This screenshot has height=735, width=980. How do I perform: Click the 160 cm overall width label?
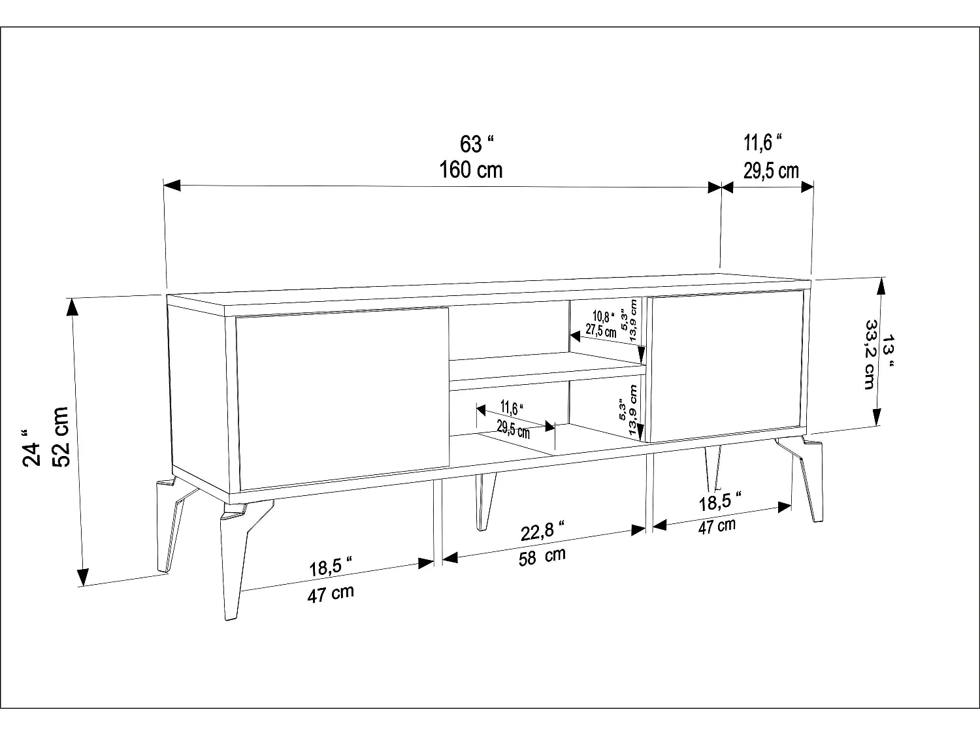(x=471, y=170)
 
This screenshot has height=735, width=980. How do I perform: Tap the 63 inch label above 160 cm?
(x=476, y=143)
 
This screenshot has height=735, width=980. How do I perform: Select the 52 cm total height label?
(x=60, y=436)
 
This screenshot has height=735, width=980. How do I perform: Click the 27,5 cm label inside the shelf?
(x=600, y=330)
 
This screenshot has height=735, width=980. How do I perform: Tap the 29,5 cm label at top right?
(x=771, y=171)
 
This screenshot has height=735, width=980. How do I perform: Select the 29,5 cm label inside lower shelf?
(x=513, y=429)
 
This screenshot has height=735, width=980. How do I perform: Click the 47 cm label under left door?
(x=331, y=594)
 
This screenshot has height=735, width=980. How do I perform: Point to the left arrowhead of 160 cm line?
(x=171, y=186)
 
